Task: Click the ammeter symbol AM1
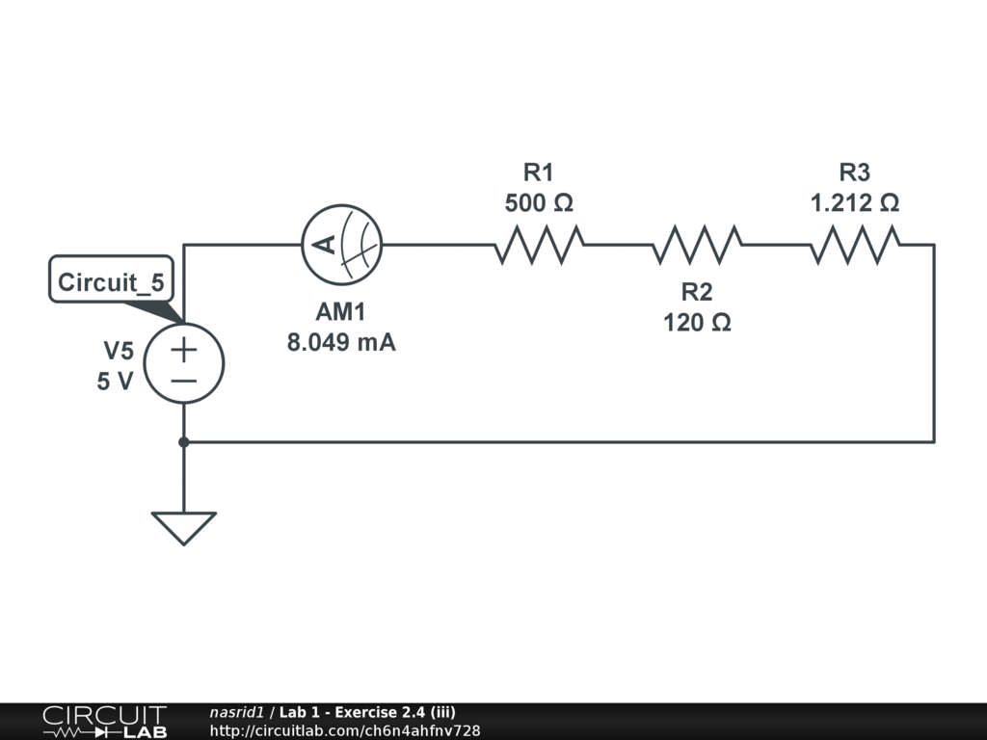(x=341, y=245)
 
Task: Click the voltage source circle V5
(x=184, y=363)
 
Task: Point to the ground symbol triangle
(x=184, y=526)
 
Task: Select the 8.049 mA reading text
(x=341, y=342)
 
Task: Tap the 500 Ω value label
(x=539, y=203)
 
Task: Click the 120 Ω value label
(x=697, y=323)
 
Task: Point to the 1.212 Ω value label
(x=855, y=203)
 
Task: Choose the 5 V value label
(x=115, y=381)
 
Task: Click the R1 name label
(x=539, y=173)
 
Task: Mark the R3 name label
(x=855, y=173)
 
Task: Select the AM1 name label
(x=341, y=312)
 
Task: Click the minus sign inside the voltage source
(x=184, y=381)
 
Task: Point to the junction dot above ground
(x=184, y=442)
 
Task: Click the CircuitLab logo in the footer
(x=104, y=722)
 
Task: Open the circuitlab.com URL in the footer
(x=344, y=730)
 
